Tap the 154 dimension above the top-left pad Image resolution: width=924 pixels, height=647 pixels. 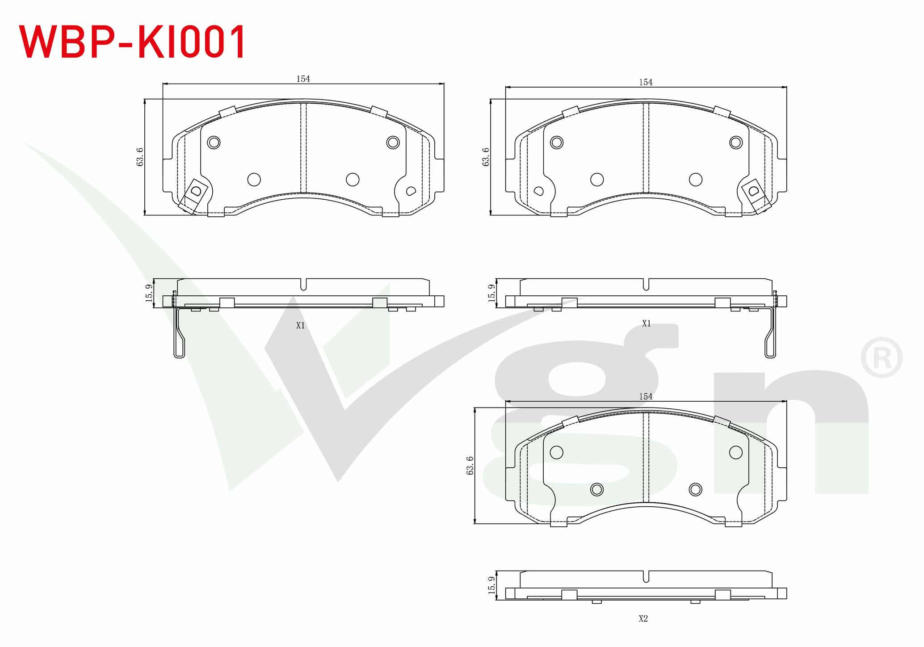[x=303, y=79]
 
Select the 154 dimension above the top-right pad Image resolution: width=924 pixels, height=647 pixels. [x=646, y=82]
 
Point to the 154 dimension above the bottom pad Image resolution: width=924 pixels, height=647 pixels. [x=646, y=396]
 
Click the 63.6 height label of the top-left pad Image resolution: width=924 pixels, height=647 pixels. [x=140, y=157]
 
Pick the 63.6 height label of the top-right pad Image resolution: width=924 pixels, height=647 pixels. [x=486, y=157]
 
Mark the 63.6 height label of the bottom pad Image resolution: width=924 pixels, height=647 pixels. [x=470, y=466]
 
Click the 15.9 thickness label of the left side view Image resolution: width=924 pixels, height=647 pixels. [x=149, y=293]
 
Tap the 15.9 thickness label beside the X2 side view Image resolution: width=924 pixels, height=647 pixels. [x=491, y=585]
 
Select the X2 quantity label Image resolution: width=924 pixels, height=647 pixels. [x=643, y=619]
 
